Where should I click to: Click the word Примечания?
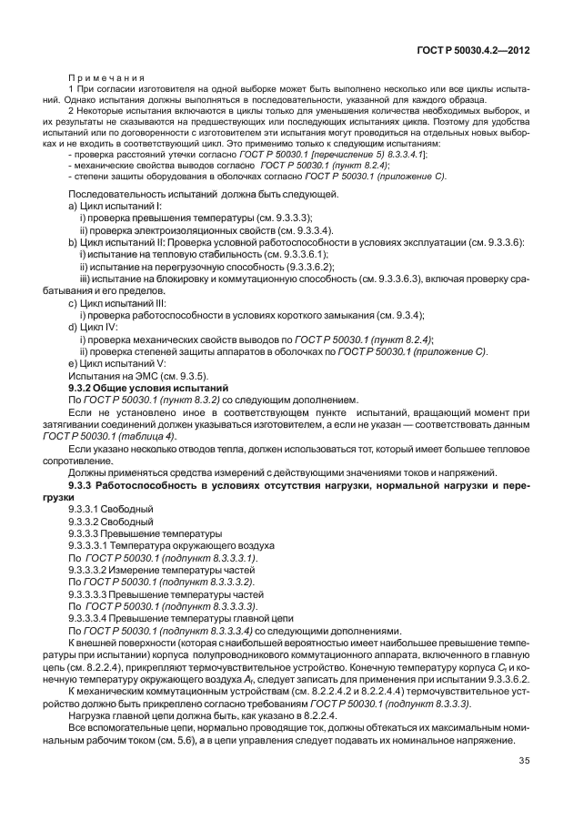coord(101,77)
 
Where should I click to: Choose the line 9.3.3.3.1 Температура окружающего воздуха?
coord(152,545)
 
